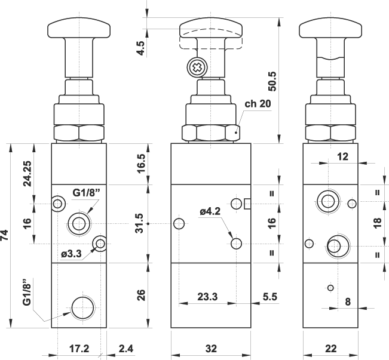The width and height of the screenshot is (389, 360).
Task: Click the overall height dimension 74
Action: (7, 235)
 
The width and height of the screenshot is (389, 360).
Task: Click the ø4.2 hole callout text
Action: (211, 210)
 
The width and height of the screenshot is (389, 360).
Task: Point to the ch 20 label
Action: (258, 103)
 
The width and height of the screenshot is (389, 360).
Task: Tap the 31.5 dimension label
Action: (140, 223)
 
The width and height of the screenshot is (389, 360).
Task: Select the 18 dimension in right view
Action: (376, 223)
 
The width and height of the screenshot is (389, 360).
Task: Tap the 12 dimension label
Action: (342, 156)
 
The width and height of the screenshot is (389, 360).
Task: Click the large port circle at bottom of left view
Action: (82, 307)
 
